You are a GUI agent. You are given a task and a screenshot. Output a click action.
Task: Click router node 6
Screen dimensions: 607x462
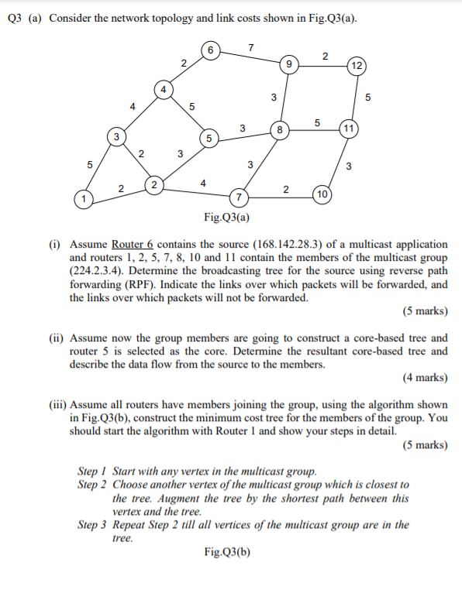pos(209,51)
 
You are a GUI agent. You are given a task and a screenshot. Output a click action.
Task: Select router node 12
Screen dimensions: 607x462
pos(357,65)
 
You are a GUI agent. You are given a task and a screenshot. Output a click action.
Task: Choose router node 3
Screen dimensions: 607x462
pos(116,136)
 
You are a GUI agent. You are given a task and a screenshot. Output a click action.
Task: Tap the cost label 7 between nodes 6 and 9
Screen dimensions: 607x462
pos(249,48)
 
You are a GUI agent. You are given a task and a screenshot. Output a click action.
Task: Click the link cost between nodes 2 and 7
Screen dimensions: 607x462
pos(202,183)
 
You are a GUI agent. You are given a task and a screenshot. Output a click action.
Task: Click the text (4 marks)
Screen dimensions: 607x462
pos(425,378)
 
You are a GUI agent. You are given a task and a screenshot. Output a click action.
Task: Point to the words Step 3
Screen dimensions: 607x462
pos(94,524)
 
